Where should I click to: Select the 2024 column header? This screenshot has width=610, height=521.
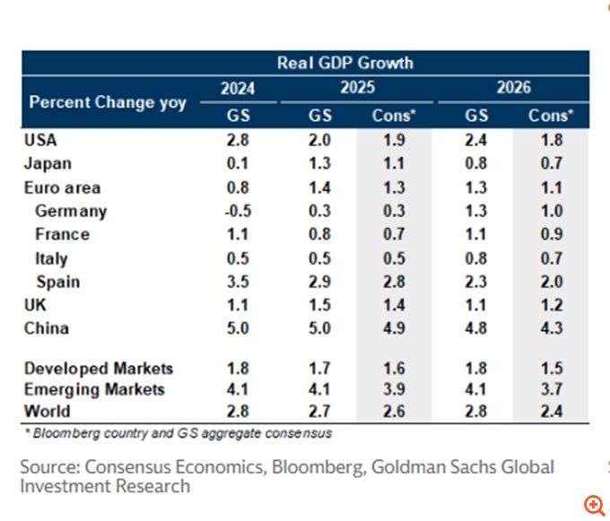[x=238, y=88]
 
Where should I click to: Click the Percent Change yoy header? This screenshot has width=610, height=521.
[x=108, y=101]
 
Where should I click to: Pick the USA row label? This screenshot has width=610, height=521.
[x=41, y=140]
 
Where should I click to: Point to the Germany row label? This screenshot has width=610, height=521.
[x=71, y=212]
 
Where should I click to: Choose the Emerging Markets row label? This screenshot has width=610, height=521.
[x=94, y=389]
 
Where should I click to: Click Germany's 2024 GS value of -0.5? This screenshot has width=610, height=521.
[x=238, y=212]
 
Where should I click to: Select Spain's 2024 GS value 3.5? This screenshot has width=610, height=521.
[x=238, y=282]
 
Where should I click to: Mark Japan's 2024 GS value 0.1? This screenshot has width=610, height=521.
[x=238, y=164]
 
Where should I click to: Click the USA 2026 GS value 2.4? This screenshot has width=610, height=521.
[x=476, y=140]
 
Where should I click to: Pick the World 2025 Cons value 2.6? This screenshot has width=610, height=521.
[x=395, y=412]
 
